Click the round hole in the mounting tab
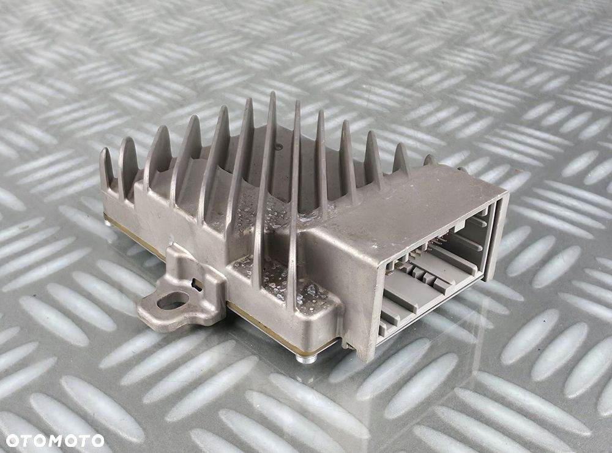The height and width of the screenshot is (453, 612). pyautogui.click(x=173, y=301)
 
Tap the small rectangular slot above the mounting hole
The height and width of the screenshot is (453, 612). pyautogui.click(x=196, y=284)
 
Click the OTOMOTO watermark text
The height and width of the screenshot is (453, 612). pyautogui.click(x=55, y=440)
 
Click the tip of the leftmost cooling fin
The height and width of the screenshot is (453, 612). pyautogui.click(x=105, y=151)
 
